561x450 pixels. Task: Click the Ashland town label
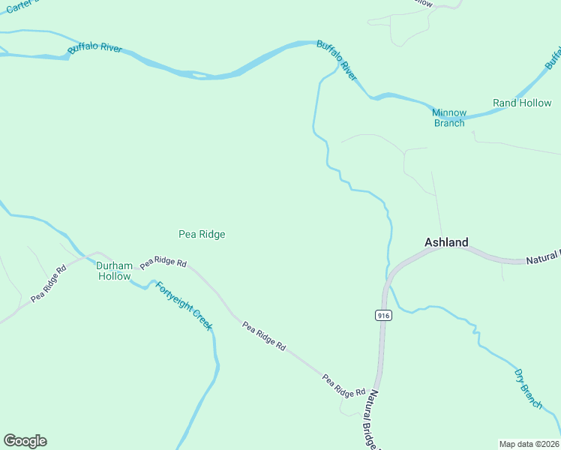click(446, 242)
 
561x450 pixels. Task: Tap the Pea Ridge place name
click(202, 234)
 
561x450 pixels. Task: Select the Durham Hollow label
click(114, 271)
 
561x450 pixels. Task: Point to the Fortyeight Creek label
click(184, 305)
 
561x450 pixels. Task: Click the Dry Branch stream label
click(528, 388)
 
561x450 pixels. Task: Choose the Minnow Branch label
click(449, 118)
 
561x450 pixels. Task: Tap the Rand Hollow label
click(521, 103)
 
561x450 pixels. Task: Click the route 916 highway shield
click(383, 316)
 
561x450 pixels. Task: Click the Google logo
click(25, 441)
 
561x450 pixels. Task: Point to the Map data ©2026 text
click(529, 443)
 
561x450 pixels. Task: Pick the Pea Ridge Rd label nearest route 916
click(343, 385)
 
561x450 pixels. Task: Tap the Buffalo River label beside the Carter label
click(94, 49)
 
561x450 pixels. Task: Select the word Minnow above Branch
click(449, 112)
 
